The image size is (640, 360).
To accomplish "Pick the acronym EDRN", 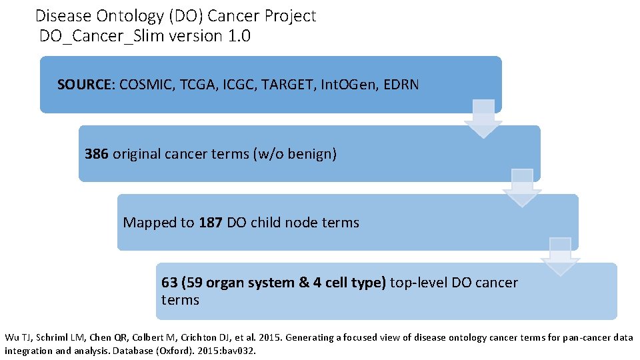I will pyautogui.click(x=401, y=85).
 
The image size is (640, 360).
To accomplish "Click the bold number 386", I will pyautogui.click(x=97, y=154).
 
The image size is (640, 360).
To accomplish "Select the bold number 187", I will pyautogui.click(x=211, y=223).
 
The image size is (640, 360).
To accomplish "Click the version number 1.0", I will pyautogui.click(x=239, y=36).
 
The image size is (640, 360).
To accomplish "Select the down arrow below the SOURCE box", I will pyautogui.click(x=483, y=119).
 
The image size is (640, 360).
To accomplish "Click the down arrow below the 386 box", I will pyautogui.click(x=522, y=188).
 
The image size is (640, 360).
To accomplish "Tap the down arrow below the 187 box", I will pyautogui.click(x=560, y=257).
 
